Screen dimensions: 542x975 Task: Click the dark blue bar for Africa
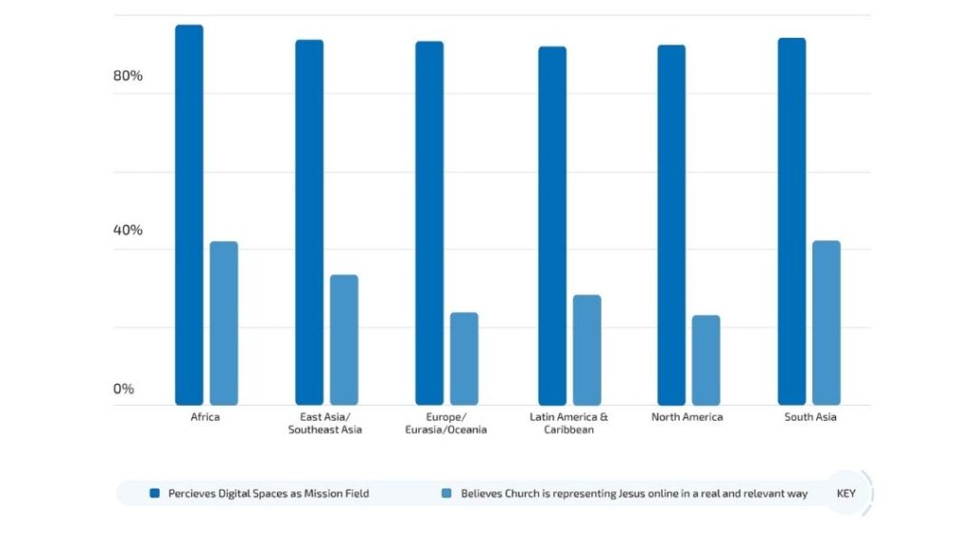tap(189, 214)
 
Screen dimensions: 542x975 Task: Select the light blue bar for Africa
tap(224, 323)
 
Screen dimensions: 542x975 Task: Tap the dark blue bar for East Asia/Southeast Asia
tap(309, 222)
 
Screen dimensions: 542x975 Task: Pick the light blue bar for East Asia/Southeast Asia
tap(344, 340)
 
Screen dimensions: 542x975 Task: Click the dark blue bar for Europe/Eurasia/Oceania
tap(429, 223)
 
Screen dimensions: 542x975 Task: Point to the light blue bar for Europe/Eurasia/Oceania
tap(464, 358)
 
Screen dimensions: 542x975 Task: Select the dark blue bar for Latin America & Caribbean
tap(552, 226)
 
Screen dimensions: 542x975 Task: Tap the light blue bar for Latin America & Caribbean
tap(587, 350)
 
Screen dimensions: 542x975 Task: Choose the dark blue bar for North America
tap(671, 225)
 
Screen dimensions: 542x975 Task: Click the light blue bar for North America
tap(706, 360)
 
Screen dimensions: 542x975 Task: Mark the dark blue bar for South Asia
tap(791, 221)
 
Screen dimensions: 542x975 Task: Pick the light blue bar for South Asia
tap(826, 323)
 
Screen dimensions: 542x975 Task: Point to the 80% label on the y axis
tap(128, 76)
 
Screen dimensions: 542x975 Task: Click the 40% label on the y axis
tap(128, 231)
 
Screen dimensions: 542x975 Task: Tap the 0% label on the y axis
tap(124, 389)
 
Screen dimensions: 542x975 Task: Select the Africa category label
tap(206, 417)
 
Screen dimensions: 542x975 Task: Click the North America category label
tap(687, 417)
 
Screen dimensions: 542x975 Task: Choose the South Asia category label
tap(810, 417)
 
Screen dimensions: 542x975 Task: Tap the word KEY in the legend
tap(846, 493)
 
